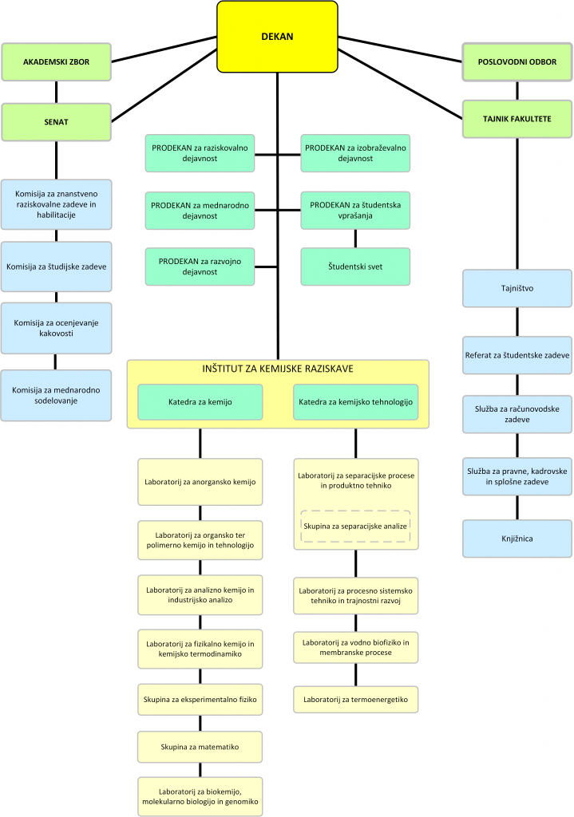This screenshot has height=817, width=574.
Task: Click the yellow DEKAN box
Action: pyautogui.click(x=277, y=37)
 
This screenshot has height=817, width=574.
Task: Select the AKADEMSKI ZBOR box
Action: pyautogui.click(x=57, y=62)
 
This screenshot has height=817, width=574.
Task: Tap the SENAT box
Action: pyautogui.click(x=57, y=122)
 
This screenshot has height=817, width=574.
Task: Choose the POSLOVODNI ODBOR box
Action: pyautogui.click(x=517, y=62)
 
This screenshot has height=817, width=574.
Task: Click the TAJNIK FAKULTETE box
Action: pyautogui.click(x=517, y=119)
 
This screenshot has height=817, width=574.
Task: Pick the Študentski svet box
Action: pyautogui.click(x=355, y=266)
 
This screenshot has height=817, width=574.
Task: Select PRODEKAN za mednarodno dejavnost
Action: pyautogui.click(x=200, y=211)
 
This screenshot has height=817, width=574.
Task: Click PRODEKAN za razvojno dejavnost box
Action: pyautogui.click(x=200, y=266)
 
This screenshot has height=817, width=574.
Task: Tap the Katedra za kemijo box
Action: pyautogui.click(x=200, y=402)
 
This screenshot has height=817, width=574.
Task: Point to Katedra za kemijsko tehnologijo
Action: pyautogui.click(x=355, y=402)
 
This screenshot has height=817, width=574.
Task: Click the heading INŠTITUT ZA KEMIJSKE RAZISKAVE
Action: pyautogui.click(x=278, y=369)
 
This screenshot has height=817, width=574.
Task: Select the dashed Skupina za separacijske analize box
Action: pyautogui.click(x=355, y=527)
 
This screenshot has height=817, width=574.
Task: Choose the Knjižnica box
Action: pyautogui.click(x=517, y=539)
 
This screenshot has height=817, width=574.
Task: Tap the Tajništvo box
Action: pyautogui.click(x=517, y=288)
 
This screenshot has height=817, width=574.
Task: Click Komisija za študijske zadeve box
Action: pyautogui.click(x=57, y=266)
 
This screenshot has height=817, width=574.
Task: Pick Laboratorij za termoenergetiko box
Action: pyautogui.click(x=355, y=700)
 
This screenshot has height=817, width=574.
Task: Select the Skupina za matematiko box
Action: pyautogui.click(x=200, y=747)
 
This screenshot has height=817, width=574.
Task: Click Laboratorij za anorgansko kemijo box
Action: pyautogui.click(x=200, y=482)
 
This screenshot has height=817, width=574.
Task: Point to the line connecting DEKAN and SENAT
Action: pyautogui.click(x=164, y=86)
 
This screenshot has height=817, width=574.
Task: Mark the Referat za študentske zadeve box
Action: pyautogui.click(x=517, y=355)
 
